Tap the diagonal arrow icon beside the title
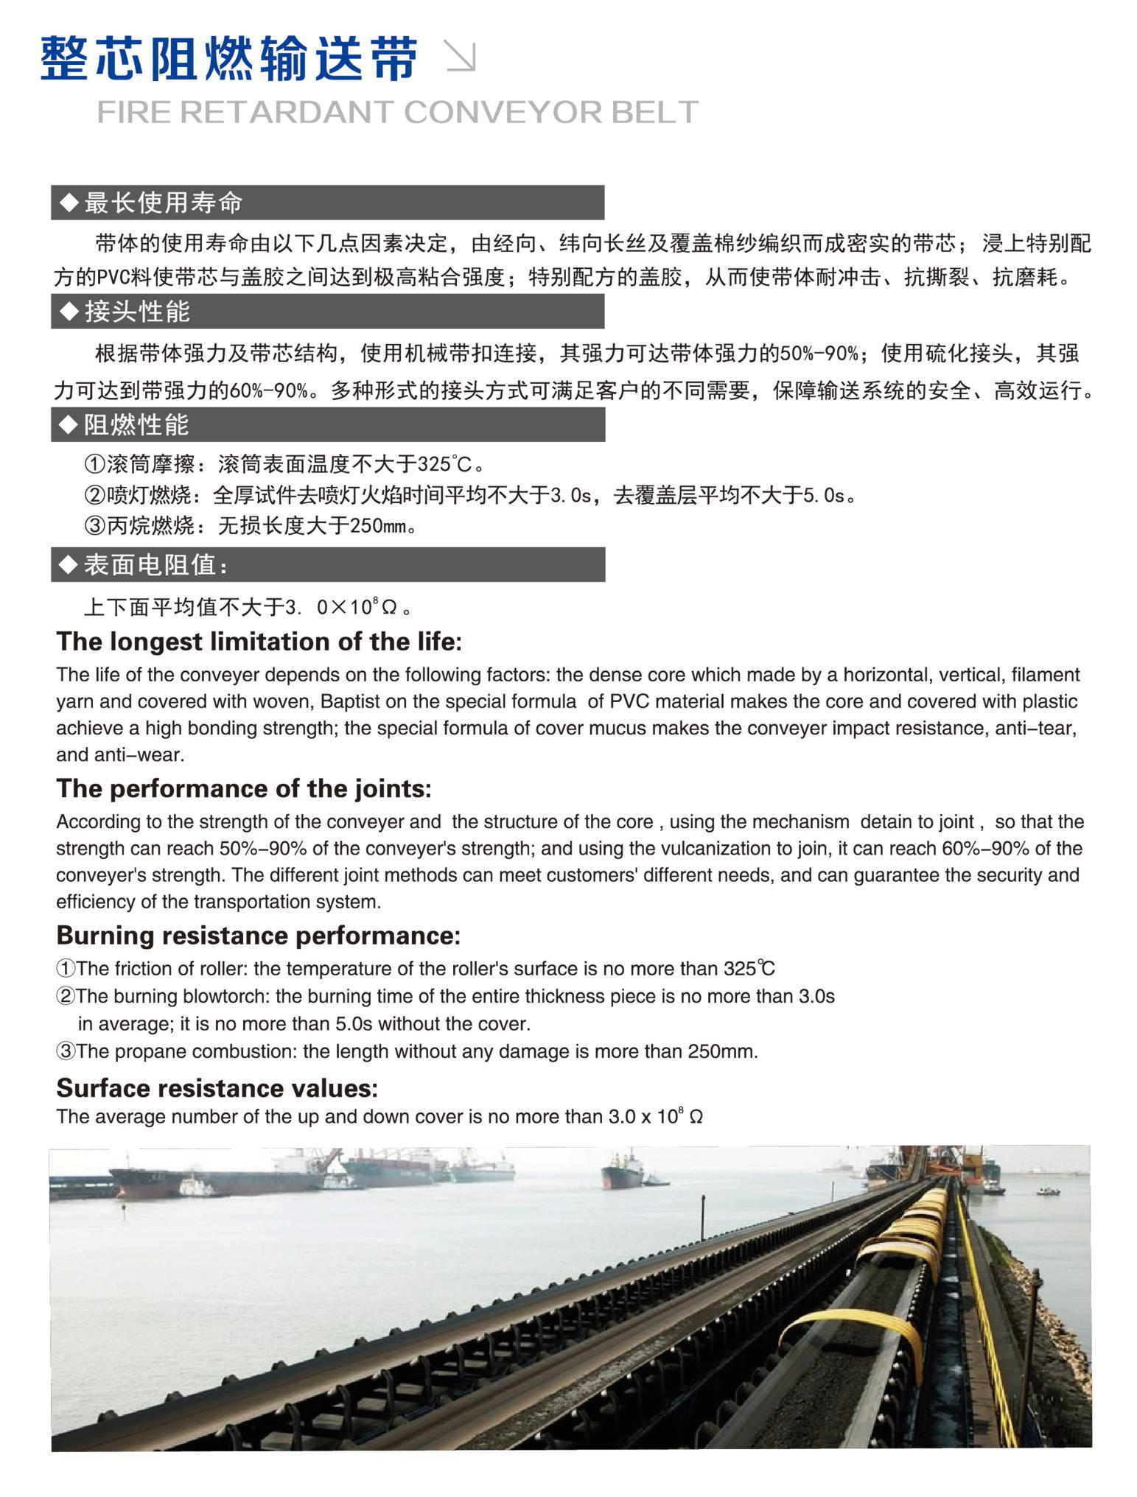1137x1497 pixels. [x=462, y=57]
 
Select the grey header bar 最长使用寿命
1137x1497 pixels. [x=327, y=203]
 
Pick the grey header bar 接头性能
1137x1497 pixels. [x=327, y=312]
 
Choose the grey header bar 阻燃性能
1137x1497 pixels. [x=327, y=425]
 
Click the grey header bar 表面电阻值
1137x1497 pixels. [x=327, y=565]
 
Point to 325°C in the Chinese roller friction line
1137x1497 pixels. [x=444, y=465]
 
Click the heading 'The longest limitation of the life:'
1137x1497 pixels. [x=259, y=642]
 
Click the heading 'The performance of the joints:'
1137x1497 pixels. [x=243, y=789]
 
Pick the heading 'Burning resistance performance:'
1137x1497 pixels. [x=258, y=936]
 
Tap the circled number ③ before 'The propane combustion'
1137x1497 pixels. [x=66, y=1051]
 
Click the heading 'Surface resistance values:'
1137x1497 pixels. [x=217, y=1088]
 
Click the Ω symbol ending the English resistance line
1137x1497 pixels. [x=696, y=1118]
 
